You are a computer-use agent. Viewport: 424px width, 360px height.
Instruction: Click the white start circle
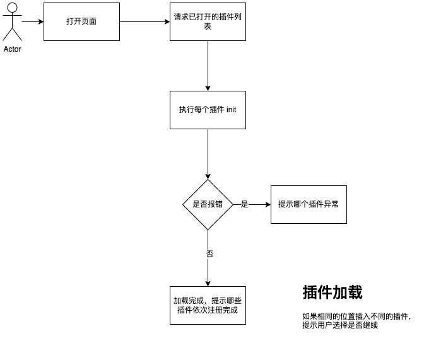click(x=12, y=8)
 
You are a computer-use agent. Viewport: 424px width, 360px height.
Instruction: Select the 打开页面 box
click(x=81, y=21)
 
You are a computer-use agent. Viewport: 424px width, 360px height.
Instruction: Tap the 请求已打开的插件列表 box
click(x=208, y=21)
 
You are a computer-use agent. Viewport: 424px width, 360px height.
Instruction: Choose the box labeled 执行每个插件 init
click(x=208, y=110)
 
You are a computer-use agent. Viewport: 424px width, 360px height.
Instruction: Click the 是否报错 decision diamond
click(x=208, y=204)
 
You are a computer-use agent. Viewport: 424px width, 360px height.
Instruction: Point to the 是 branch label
click(x=245, y=204)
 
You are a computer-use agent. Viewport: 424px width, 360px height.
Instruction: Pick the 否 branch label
click(x=209, y=254)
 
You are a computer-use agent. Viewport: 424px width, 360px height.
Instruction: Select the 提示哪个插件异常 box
click(x=309, y=204)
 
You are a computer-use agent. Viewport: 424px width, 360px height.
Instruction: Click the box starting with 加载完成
click(x=208, y=305)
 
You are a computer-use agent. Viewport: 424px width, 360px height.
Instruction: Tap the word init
click(x=231, y=110)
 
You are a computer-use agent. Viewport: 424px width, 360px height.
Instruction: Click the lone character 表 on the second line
click(x=208, y=26)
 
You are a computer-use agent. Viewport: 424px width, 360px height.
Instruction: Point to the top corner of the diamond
click(x=208, y=180)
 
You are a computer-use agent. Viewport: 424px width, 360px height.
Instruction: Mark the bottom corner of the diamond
click(x=208, y=229)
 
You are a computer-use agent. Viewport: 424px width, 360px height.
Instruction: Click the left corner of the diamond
click(x=184, y=204)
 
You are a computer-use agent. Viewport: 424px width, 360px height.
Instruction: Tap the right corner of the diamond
click(x=232, y=204)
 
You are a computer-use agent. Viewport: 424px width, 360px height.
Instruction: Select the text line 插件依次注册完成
click(x=208, y=310)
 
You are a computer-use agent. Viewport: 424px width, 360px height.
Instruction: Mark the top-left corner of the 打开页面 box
click(x=44, y=3)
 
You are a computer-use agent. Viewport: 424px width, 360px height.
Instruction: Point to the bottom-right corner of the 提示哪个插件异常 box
click(x=346, y=223)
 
